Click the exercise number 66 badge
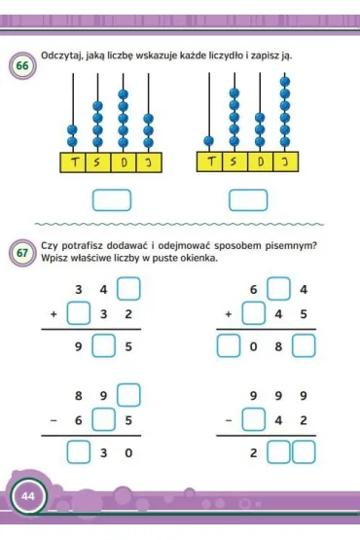22,65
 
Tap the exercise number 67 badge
22,253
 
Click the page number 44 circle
28,496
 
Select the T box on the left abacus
73,162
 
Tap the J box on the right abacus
286,162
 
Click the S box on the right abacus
234,162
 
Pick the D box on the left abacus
124,162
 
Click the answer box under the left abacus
112,200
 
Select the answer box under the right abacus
248,200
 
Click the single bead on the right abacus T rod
208,141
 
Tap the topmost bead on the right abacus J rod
285,82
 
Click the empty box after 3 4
128,289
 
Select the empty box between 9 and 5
103,345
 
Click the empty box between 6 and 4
278,289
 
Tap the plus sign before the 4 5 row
228,313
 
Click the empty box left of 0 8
229,345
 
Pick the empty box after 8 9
128,395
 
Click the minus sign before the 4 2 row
228,420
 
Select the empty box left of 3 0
79,451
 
